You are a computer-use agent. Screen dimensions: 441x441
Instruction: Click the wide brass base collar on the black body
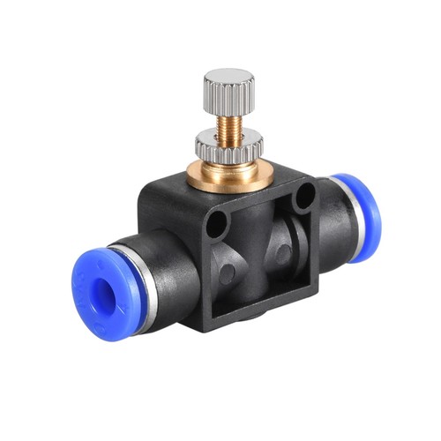click(x=232, y=172)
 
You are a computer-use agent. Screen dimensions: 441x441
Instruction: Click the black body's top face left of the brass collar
click(x=172, y=190)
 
